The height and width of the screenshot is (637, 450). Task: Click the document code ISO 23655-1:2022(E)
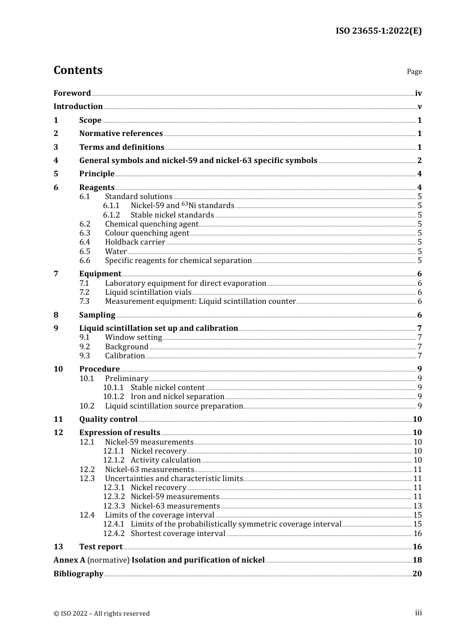[378, 31]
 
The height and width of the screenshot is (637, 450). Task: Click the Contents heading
[78, 70]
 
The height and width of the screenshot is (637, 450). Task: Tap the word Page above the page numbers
[414, 72]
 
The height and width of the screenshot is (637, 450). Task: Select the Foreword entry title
[72, 93]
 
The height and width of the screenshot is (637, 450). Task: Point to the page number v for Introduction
[419, 107]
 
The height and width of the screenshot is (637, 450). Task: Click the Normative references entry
[121, 134]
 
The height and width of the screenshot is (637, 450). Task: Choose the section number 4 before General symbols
[56, 161]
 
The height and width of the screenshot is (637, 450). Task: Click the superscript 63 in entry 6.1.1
[185, 204]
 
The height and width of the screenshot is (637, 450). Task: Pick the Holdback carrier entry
[135, 242]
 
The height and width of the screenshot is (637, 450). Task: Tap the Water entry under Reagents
[116, 252]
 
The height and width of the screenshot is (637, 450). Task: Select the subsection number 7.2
[84, 292]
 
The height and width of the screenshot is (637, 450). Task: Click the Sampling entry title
[97, 315]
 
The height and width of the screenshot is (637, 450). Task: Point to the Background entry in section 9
[126, 347]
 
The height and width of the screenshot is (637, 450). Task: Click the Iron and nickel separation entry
[177, 397]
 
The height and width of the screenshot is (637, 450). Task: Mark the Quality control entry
[108, 419]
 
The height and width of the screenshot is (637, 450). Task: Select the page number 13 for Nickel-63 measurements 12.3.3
[417, 506]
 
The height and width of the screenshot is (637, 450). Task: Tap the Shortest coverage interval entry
[178, 534]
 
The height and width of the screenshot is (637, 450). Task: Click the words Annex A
[69, 560]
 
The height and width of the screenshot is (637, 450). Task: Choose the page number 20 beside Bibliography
[417, 574]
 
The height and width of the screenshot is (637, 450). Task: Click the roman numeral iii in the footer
[418, 613]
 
